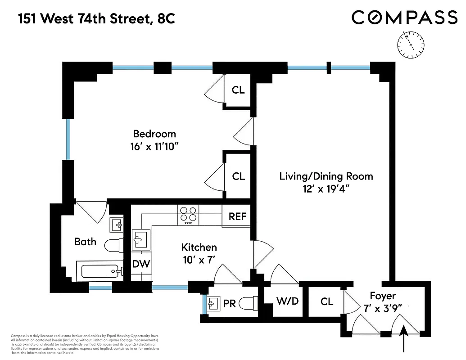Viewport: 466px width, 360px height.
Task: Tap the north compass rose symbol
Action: pos(410,45)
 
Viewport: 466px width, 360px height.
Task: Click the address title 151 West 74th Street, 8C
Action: pos(96,19)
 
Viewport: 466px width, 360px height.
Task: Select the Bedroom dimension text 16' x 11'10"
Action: pos(154,146)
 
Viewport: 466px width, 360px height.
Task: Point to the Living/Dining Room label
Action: pos(326,176)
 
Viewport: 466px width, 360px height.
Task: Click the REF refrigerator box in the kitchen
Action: pos(237,216)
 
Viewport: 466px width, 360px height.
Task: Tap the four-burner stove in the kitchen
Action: pos(188,214)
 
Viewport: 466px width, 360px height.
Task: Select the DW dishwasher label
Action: pos(141,264)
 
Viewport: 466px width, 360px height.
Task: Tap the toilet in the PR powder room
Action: pos(247,303)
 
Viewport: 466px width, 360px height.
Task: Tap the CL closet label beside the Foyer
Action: pos(327,301)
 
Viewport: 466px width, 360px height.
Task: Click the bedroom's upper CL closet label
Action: pos(238,90)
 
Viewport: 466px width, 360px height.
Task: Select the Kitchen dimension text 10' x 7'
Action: pos(199,259)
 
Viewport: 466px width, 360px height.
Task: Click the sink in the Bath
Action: pos(116,224)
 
